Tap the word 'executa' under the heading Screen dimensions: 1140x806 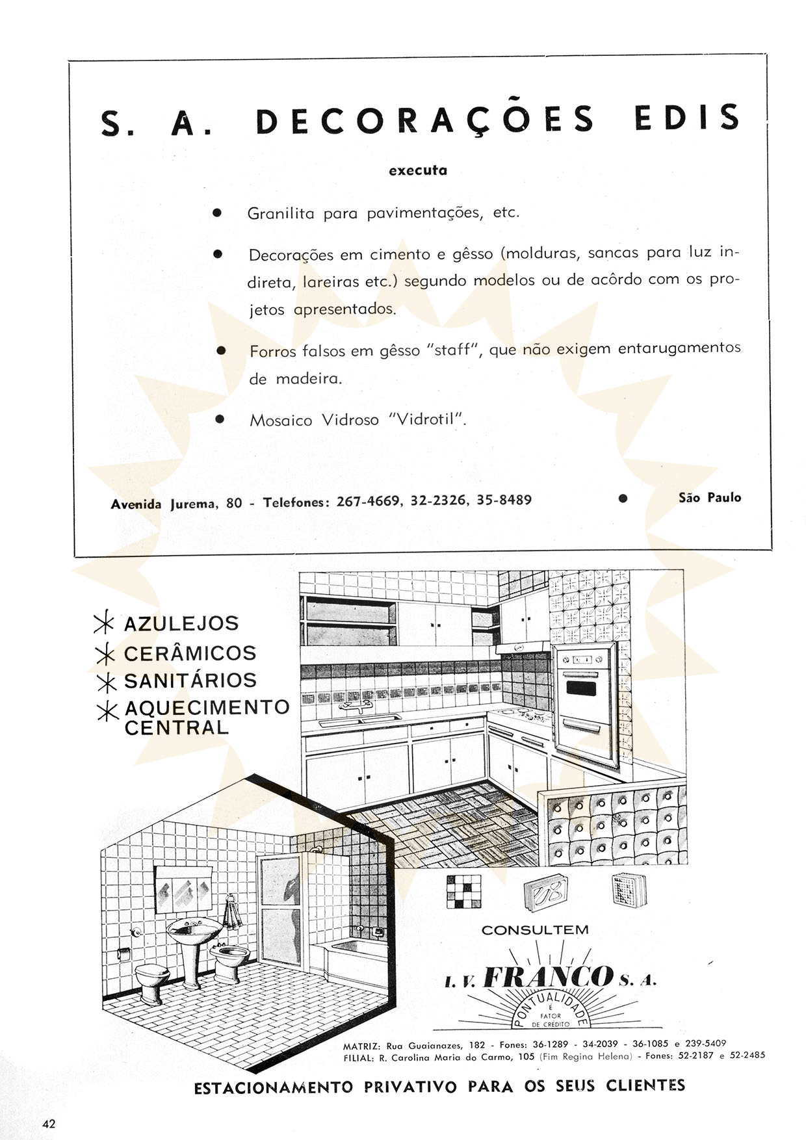pos(417,171)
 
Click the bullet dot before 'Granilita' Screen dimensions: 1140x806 pos(218,213)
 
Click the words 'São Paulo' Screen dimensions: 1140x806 pos(709,498)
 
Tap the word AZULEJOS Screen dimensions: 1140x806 pos(181,624)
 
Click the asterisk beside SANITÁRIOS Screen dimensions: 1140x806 pos(104,682)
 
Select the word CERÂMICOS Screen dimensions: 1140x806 pos(190,653)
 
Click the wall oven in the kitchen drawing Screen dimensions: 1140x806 pos(584,695)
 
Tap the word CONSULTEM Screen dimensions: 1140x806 pos(535,930)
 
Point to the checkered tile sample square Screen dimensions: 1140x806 pos(463,891)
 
